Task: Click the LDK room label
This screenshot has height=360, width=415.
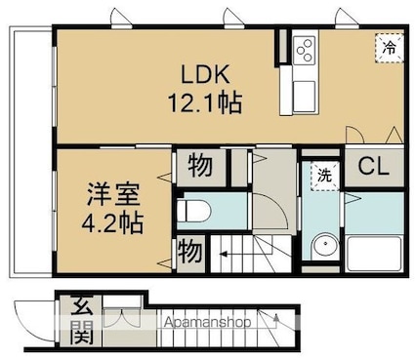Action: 205,75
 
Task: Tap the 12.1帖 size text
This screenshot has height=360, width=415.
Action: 205,102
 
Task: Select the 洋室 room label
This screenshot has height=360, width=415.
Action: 113,194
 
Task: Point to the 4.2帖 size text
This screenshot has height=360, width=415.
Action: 112,223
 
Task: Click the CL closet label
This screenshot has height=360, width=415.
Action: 373,167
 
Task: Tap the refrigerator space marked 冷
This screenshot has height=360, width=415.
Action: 390,48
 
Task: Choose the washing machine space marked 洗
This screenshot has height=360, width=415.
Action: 324,176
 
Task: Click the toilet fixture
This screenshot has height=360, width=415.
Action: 194,211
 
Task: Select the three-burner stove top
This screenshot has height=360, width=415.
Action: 304,50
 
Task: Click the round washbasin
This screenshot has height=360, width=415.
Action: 324,246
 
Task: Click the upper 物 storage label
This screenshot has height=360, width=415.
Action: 200,166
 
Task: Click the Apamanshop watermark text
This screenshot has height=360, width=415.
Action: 207,322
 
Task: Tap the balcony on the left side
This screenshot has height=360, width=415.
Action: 31,151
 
